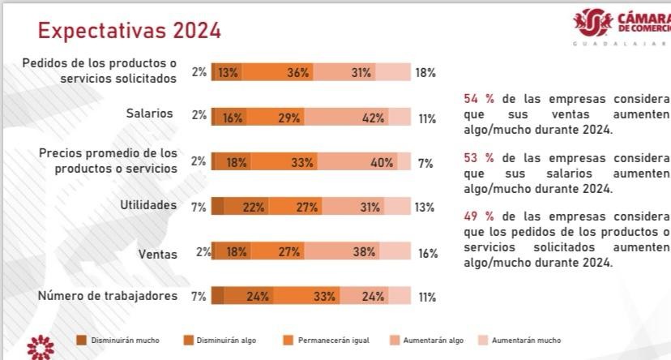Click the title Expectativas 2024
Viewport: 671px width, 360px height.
[130, 30]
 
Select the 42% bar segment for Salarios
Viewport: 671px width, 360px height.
[373, 118]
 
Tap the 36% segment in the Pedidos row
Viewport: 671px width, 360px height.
[297, 72]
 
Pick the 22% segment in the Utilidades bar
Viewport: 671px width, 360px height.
[253, 207]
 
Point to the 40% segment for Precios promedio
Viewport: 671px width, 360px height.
[381, 162]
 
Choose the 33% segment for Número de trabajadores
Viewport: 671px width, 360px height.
[324, 296]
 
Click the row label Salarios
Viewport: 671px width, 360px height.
[149, 114]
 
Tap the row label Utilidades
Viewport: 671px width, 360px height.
[148, 205]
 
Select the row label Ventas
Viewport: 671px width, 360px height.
[157, 254]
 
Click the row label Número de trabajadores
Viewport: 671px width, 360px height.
[108, 296]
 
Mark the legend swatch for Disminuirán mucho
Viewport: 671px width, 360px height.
[81, 340]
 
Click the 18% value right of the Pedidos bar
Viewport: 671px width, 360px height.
[425, 72]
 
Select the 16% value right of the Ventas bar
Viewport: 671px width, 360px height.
[428, 253]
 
